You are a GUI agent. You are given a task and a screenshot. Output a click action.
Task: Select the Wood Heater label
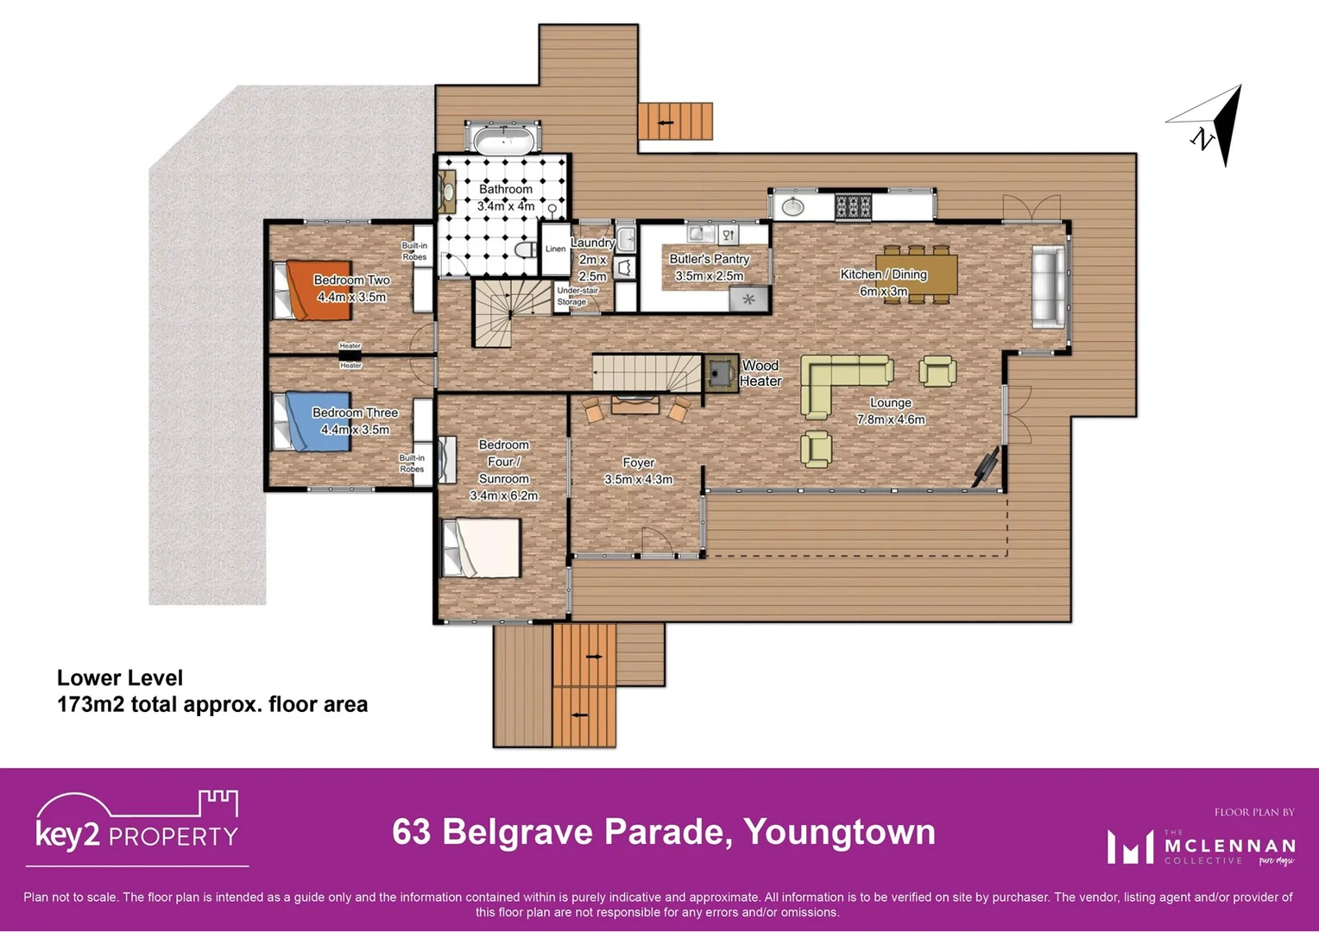click(x=760, y=374)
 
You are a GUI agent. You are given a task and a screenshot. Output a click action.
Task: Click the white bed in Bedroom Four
click(x=483, y=548)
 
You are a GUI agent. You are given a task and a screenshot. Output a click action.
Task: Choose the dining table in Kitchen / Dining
click(x=916, y=274)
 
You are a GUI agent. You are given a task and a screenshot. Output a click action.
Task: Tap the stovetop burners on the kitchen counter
click(x=852, y=206)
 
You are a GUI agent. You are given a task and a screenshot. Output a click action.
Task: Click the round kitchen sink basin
click(x=792, y=206)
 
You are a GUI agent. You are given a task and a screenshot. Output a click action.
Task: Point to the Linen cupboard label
click(x=555, y=249)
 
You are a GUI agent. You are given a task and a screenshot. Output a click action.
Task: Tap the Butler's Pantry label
click(x=709, y=259)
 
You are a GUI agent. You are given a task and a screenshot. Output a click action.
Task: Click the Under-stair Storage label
click(x=577, y=296)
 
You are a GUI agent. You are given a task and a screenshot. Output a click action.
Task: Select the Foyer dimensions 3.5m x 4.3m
click(x=638, y=480)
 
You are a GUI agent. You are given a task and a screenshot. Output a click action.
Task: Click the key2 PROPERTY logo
click(x=136, y=824)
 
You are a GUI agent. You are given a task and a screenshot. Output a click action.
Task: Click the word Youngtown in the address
click(x=839, y=832)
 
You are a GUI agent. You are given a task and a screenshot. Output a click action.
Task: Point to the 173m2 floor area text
click(x=211, y=704)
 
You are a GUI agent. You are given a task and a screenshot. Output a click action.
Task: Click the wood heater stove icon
click(x=720, y=373)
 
